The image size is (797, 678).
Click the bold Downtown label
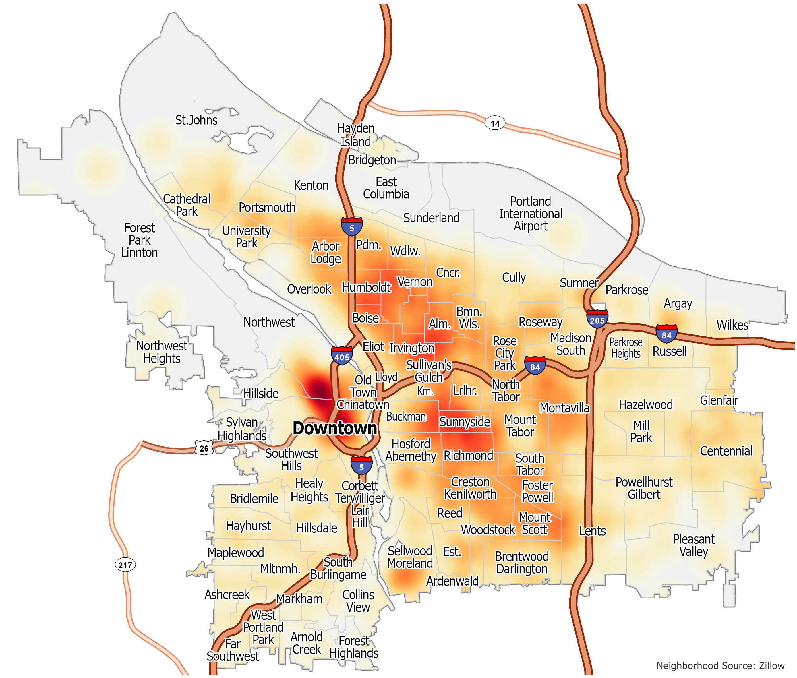click(334, 428)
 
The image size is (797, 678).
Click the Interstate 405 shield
click(341, 356)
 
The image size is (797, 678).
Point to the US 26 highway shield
click(204, 448)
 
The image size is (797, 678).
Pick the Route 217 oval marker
click(125, 565)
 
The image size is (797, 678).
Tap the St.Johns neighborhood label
click(196, 120)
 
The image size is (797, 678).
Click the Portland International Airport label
click(530, 214)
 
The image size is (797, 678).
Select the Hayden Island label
click(356, 135)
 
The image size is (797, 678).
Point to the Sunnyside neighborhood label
click(465, 422)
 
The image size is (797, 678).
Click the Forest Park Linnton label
click(139, 240)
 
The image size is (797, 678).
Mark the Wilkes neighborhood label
click(732, 325)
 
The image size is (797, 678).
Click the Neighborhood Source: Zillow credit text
click(720, 665)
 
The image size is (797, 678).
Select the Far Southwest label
click(233, 650)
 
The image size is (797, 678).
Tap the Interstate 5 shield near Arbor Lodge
click(351, 227)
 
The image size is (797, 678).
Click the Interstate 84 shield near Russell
click(666, 334)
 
